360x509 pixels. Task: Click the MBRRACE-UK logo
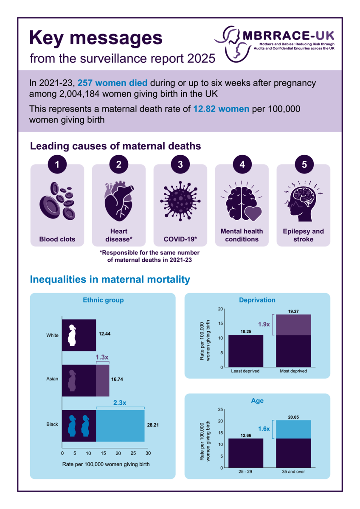(275, 42)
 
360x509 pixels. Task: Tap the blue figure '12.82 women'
(221, 109)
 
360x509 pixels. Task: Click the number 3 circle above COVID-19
(180, 165)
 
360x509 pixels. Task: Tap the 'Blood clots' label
(57, 239)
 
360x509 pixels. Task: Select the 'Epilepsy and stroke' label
(303, 235)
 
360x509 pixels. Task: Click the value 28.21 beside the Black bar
(152, 425)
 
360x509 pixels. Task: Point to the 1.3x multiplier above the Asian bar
(102, 357)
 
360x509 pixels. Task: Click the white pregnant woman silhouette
(73, 335)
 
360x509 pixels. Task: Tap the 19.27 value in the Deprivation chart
(293, 311)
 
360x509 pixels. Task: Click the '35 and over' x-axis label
(293, 472)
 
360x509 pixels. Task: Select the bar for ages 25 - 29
(246, 453)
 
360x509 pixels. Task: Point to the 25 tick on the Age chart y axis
(220, 409)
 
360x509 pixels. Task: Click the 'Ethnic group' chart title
(103, 300)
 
